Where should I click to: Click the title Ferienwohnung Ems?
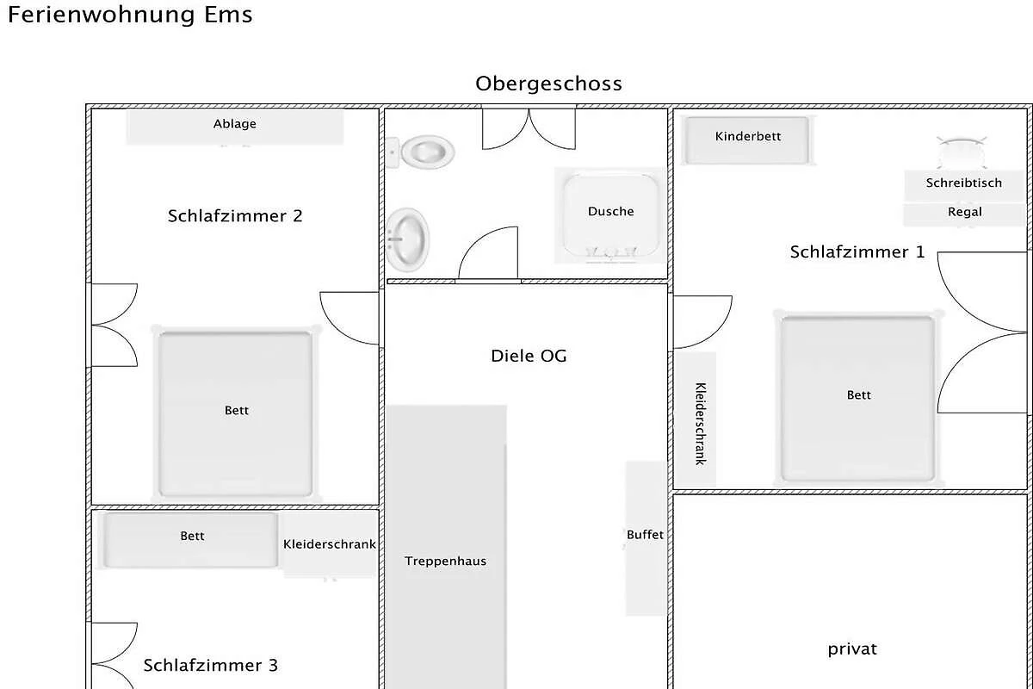tap(130, 15)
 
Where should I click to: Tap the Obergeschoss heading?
tap(549, 84)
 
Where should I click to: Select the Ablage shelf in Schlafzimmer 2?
tap(235, 127)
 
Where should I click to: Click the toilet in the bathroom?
tap(421, 152)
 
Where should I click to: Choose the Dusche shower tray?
tap(610, 215)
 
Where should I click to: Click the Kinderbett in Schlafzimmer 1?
tap(747, 140)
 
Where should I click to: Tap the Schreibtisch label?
tap(964, 183)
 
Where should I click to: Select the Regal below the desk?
tap(964, 214)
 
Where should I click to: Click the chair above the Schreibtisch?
tap(962, 152)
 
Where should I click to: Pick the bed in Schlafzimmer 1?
tap(857, 398)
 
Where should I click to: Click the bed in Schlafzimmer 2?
tap(236, 414)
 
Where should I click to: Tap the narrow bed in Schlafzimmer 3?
tap(191, 540)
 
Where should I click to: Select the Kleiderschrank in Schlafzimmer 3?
tap(329, 545)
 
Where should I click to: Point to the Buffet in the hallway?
tap(646, 538)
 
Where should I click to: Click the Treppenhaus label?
tap(446, 562)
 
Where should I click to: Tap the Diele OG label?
tap(529, 356)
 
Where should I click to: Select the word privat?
tap(852, 649)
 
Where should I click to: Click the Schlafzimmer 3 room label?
tap(211, 666)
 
